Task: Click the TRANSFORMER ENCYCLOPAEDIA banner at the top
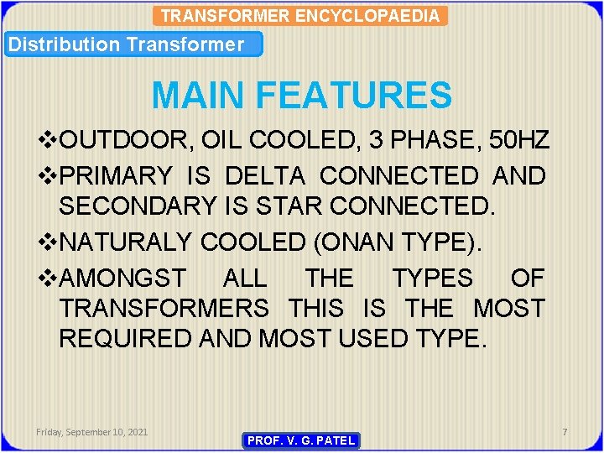(300, 15)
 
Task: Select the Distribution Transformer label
(125, 44)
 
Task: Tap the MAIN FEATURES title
(301, 95)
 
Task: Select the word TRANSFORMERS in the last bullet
(164, 308)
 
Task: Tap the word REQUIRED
(126, 339)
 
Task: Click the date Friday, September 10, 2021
(91, 431)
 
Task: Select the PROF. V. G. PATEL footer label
(300, 440)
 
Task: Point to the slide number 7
(565, 431)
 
